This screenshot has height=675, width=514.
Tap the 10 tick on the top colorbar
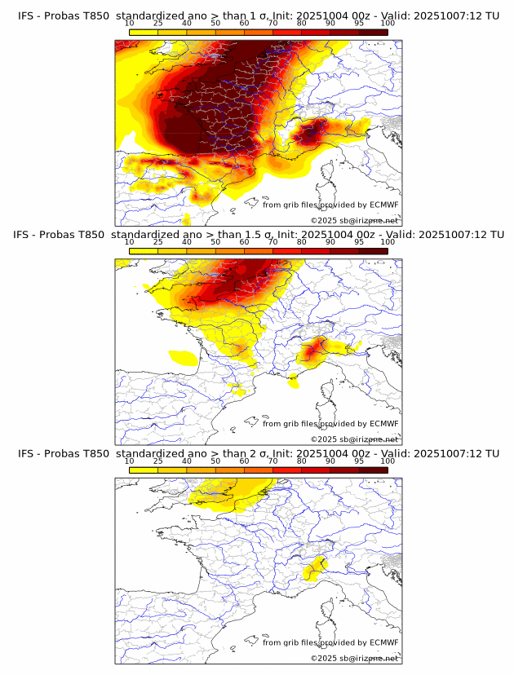coord(130,25)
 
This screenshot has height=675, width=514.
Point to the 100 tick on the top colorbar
coord(388,25)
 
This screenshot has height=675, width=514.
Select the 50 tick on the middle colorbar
coord(215,243)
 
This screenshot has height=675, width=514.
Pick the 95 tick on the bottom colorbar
coord(359,461)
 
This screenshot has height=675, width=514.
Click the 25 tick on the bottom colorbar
coord(158,461)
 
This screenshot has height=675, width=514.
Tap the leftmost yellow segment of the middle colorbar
coord(144,251)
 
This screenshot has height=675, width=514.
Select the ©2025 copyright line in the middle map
coord(354,439)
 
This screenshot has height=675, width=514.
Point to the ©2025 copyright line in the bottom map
coord(354,658)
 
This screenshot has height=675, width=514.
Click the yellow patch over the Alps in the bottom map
coord(312,568)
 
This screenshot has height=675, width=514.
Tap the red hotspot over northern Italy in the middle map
coord(314,351)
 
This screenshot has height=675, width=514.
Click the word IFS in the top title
coord(26,16)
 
